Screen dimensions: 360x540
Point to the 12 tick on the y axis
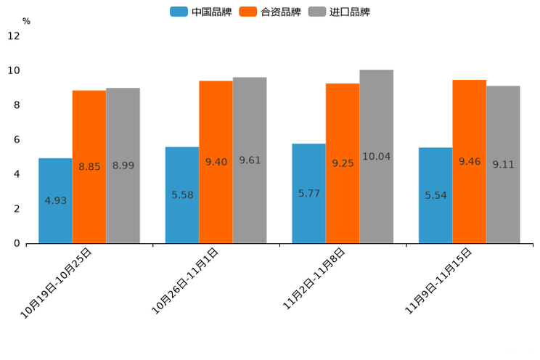(x=14, y=36)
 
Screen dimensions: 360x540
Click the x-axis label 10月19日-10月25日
(x=57, y=282)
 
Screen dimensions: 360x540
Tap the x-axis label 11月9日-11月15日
(x=438, y=280)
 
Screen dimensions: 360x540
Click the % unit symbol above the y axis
(x=26, y=21)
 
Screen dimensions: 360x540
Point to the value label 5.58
(x=182, y=195)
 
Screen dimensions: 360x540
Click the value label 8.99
(x=123, y=165)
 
